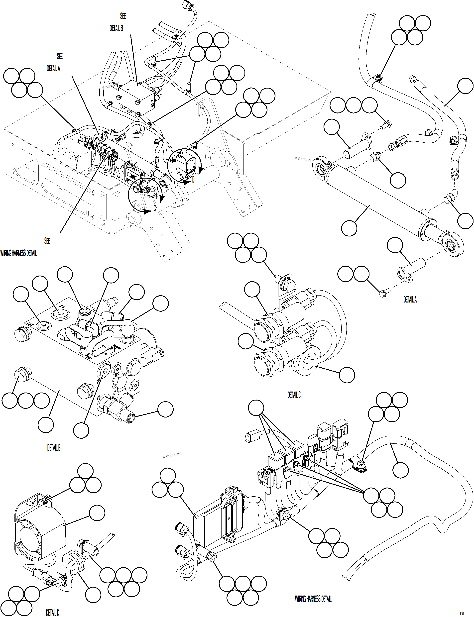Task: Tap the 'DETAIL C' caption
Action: click(294, 395)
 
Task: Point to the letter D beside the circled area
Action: click(193, 180)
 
